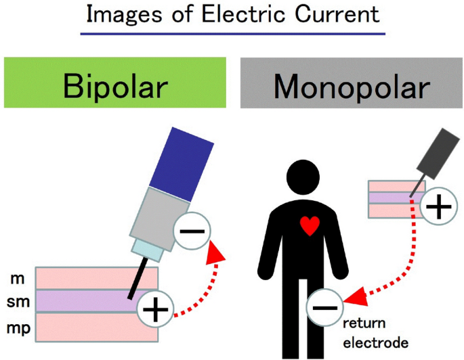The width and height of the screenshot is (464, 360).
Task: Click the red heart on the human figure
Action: [x=309, y=225]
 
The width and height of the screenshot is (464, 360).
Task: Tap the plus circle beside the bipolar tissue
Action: [x=156, y=311]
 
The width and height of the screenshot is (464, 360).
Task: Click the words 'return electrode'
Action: [x=375, y=333]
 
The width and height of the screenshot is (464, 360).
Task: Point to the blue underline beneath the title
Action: [x=232, y=32]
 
